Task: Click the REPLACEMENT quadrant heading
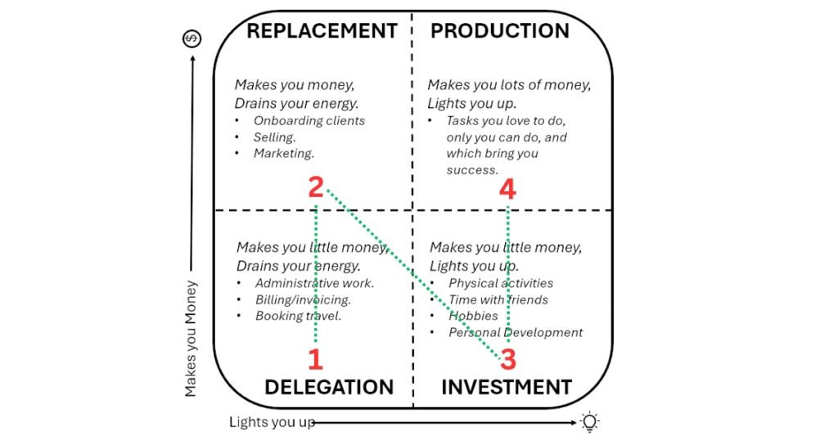(322, 31)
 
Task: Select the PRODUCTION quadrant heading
(500, 31)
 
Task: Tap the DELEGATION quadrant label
(329, 387)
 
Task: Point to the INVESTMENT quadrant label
(507, 387)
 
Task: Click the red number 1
(315, 359)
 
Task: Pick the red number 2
(316, 188)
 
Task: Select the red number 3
(508, 359)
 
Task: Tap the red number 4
(507, 190)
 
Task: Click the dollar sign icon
(191, 38)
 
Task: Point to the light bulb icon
(589, 422)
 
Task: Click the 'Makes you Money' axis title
(191, 339)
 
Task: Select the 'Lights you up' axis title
(272, 422)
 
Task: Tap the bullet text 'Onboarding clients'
(309, 121)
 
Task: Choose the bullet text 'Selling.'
(275, 137)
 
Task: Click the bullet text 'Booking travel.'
(298, 316)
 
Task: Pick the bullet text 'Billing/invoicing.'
(303, 299)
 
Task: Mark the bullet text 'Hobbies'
(473, 316)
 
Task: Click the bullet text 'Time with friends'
(498, 299)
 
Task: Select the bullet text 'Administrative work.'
(314, 283)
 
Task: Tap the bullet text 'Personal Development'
(516, 332)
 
